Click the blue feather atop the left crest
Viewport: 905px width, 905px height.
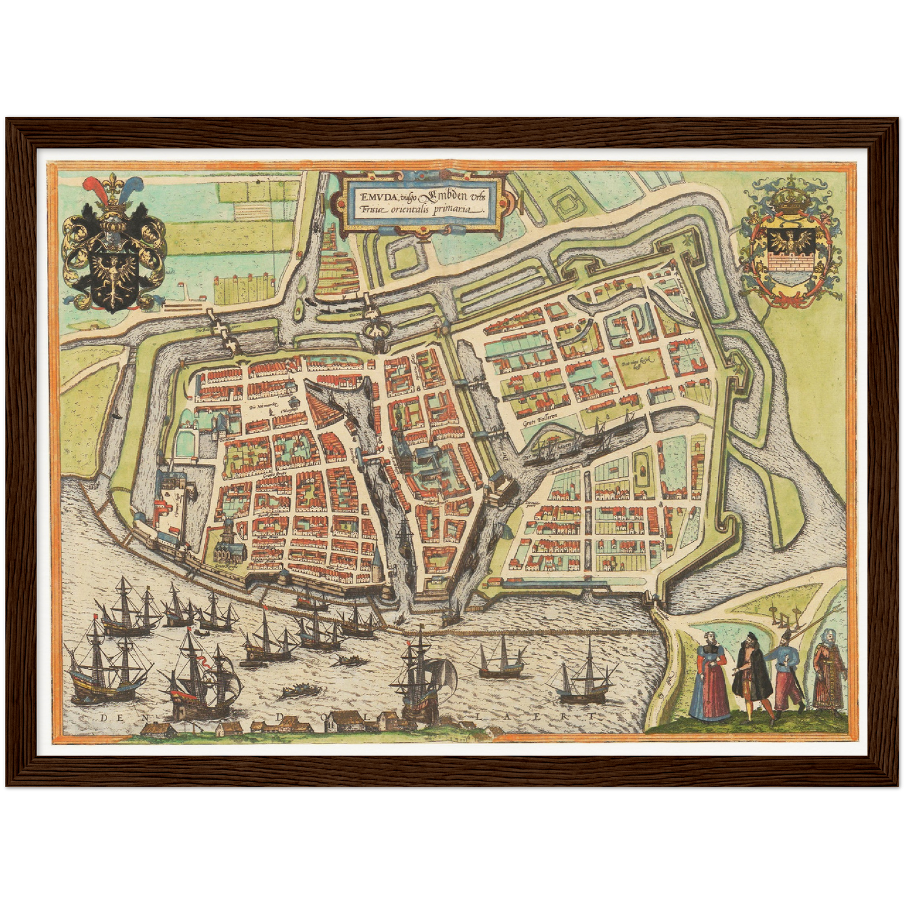[x=131, y=188]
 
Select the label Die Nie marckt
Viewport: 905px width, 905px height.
[x=263, y=408]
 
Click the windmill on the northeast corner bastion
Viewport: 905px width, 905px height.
[x=688, y=240]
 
